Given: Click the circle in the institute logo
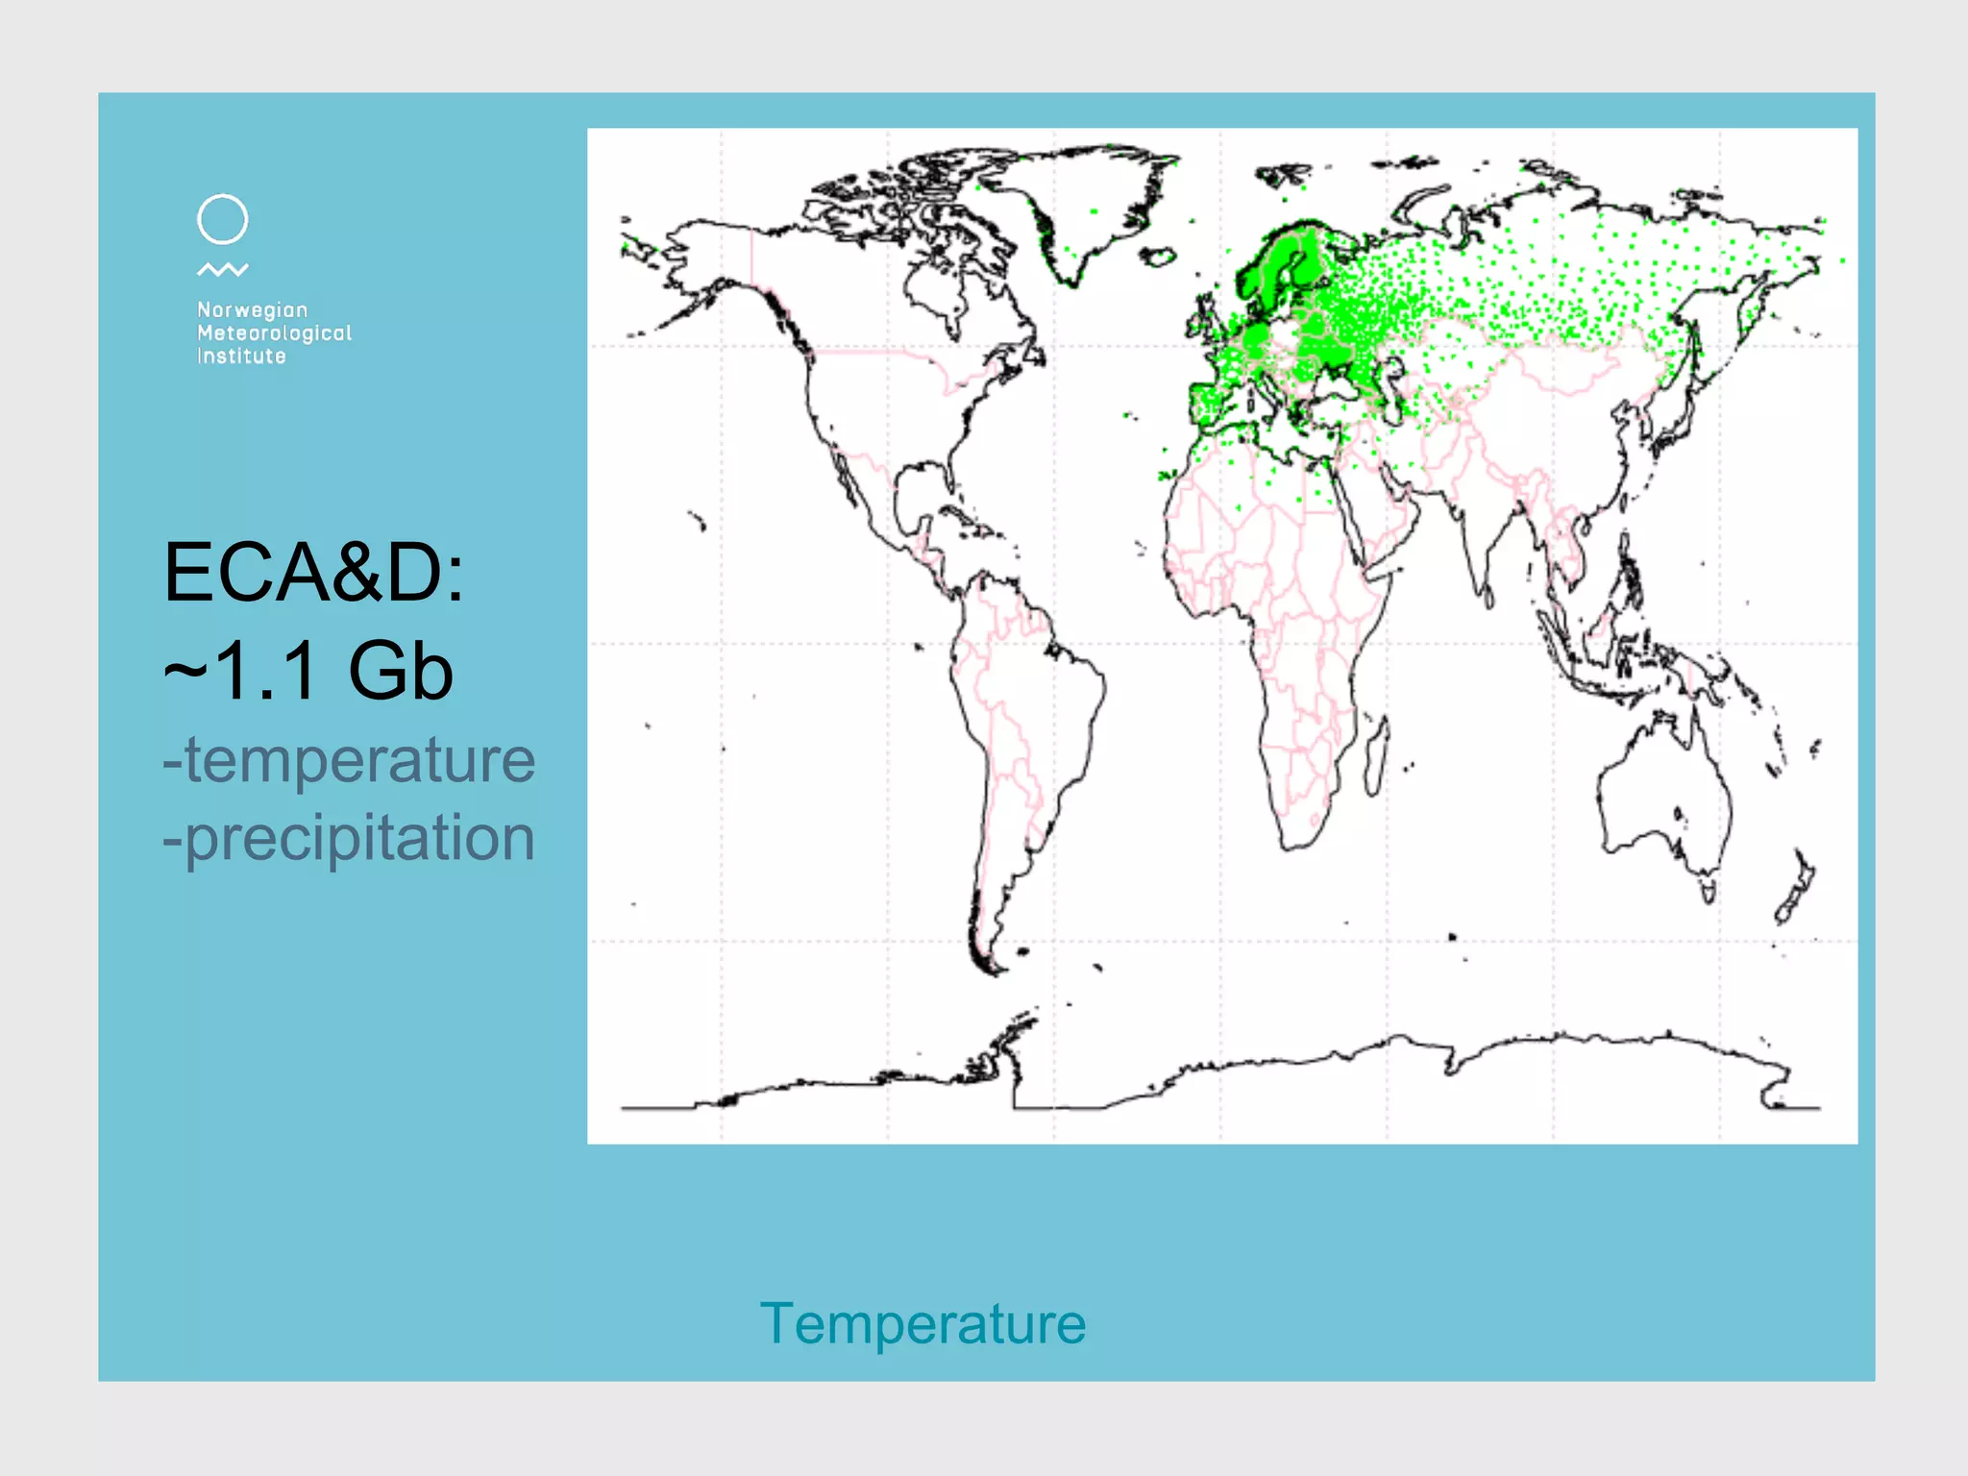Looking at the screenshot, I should [x=222, y=220].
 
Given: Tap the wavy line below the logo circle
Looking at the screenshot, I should [x=222, y=270].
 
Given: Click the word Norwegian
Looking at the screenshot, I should [x=252, y=310].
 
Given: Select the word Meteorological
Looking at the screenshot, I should [x=274, y=333].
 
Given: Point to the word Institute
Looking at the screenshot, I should [x=241, y=357].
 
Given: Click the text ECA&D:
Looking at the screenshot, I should [x=313, y=573].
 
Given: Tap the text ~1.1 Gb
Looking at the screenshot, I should [x=307, y=672].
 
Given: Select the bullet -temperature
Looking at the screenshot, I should [x=348, y=760].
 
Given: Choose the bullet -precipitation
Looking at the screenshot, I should [x=348, y=838].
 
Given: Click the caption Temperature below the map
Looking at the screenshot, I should [x=922, y=1324].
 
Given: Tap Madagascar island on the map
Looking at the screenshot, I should [x=1376, y=759].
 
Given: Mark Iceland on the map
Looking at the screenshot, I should [x=1160, y=257].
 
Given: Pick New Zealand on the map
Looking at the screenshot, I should [x=1795, y=889].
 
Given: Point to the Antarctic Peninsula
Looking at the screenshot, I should [x=1009, y=1038].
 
